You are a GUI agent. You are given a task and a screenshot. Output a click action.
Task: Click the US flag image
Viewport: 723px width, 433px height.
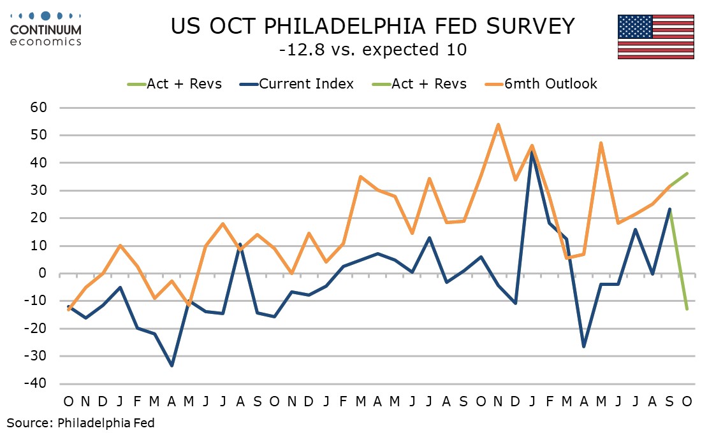(655, 37)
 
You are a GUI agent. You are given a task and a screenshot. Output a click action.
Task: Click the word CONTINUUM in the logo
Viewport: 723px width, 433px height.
(46, 29)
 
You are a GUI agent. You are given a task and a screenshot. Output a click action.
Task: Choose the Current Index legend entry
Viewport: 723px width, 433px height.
(306, 84)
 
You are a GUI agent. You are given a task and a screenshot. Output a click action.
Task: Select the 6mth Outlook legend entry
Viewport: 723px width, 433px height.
(550, 84)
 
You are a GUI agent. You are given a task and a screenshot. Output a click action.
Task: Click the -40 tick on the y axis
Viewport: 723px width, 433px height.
(36, 384)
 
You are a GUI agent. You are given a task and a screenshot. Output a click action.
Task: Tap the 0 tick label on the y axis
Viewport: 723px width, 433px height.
(43, 274)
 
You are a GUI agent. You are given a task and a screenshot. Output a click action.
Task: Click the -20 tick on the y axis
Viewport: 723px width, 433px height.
(36, 329)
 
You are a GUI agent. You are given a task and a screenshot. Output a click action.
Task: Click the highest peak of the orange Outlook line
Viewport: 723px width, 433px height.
(497, 124)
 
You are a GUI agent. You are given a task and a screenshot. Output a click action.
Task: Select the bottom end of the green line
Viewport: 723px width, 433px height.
(687, 309)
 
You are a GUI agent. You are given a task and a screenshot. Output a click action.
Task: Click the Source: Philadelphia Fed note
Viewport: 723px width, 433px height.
(81, 422)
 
